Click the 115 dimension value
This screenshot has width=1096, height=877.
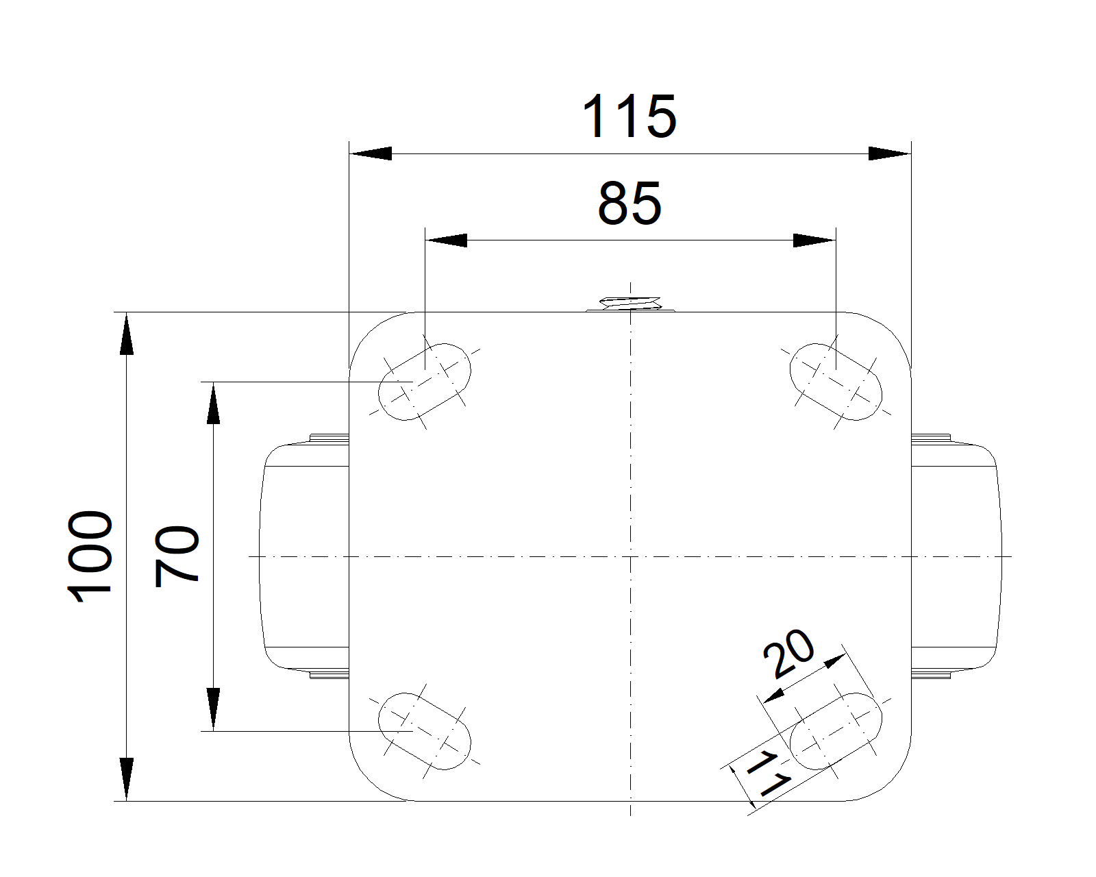(630, 116)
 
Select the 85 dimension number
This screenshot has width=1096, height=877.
(630, 203)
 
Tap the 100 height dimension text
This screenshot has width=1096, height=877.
(90, 557)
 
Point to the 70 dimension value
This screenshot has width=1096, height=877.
(176, 557)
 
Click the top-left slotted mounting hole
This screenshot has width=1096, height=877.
(424, 382)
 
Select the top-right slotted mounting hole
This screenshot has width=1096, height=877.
(836, 382)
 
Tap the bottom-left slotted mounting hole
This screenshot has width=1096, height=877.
(424, 731)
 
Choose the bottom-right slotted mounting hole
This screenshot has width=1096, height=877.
(836, 731)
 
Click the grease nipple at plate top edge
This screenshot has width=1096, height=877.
(630, 304)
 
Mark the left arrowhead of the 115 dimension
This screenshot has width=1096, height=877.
(371, 153)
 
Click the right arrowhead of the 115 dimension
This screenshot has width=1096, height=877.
(890, 153)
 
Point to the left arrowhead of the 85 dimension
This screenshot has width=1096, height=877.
(446, 240)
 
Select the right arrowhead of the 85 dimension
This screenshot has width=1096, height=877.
(814, 240)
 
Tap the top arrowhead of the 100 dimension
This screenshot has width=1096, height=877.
(126, 333)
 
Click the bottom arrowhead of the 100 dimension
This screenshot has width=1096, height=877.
(126, 780)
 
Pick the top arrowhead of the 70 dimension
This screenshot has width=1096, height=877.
(214, 403)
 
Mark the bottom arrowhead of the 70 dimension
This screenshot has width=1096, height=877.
(214, 709)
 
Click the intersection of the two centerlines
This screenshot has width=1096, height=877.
(630, 556)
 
